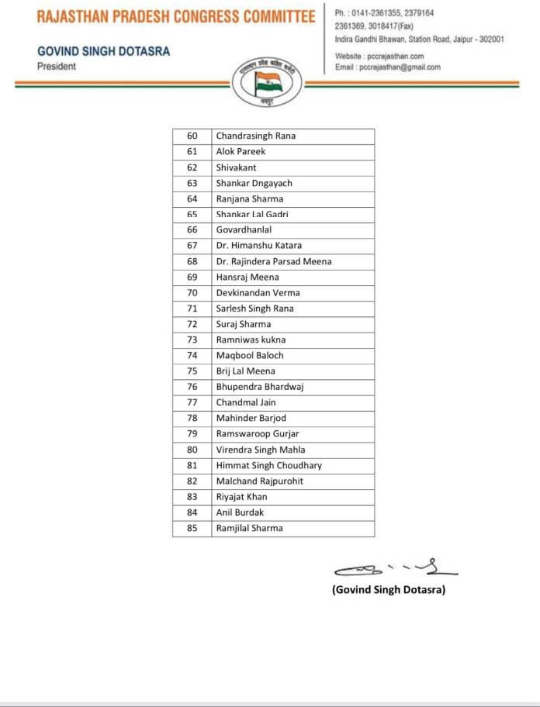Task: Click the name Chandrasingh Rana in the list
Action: click(255, 136)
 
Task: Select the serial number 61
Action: click(192, 151)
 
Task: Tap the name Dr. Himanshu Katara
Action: click(258, 246)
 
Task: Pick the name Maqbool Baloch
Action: click(250, 355)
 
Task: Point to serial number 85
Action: click(192, 528)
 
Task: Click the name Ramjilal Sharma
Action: click(249, 528)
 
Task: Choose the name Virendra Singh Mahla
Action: click(260, 450)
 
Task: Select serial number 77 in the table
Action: click(192, 402)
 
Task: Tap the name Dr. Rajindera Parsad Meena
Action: click(273, 261)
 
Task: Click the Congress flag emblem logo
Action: click(269, 82)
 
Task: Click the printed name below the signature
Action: click(389, 590)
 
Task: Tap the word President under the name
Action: click(57, 67)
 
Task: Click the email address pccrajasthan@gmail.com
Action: click(387, 67)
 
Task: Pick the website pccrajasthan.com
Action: click(379, 57)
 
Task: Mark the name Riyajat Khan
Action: click(241, 497)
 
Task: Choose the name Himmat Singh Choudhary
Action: click(268, 465)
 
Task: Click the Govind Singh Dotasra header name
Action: click(103, 51)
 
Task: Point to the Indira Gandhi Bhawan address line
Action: click(420, 39)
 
